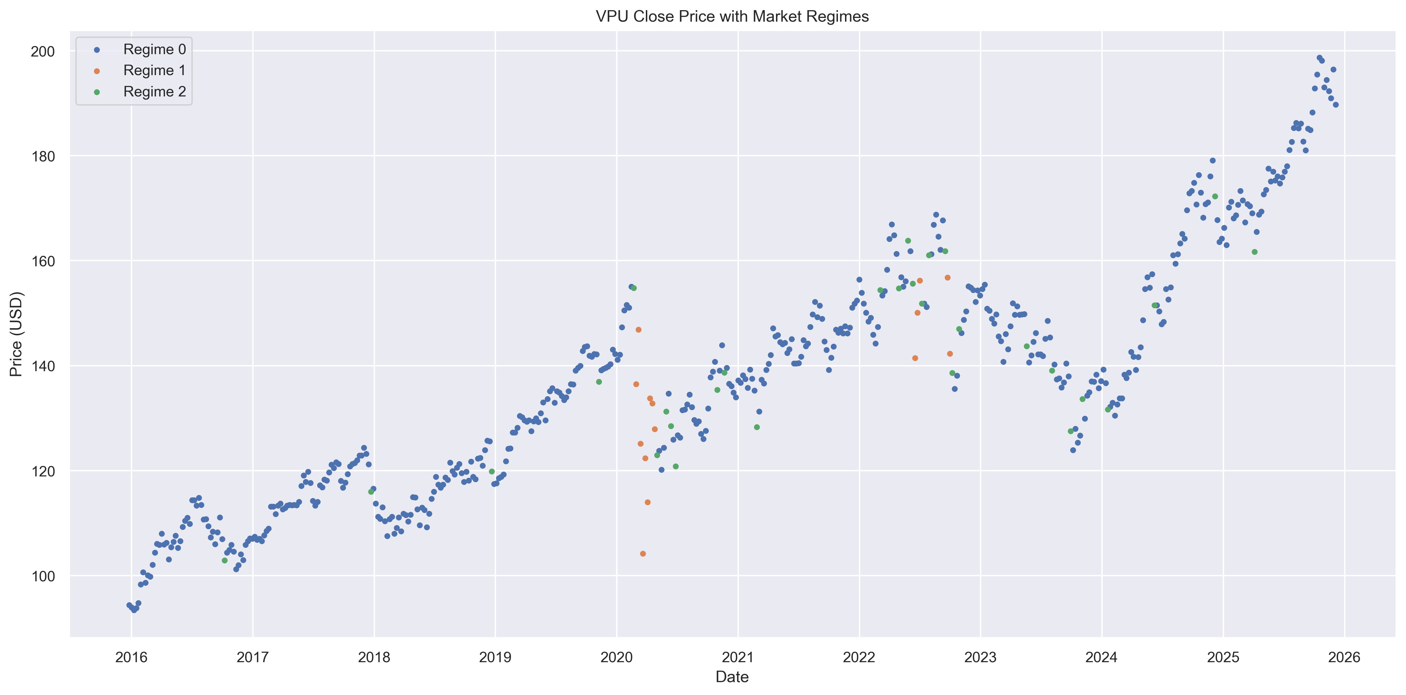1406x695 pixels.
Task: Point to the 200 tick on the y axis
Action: (43, 51)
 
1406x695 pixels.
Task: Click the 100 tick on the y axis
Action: (43, 576)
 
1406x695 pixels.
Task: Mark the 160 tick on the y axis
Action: (43, 261)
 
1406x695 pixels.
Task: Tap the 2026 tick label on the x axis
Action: (1344, 657)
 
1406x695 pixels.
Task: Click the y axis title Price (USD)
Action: (16, 334)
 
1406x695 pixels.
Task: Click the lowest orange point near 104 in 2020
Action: (643, 554)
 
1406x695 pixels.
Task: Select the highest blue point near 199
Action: (1319, 57)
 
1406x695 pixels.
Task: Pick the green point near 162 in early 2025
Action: (1254, 252)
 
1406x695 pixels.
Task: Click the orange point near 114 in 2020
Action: (647, 502)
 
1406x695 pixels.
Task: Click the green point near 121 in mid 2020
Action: (676, 466)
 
